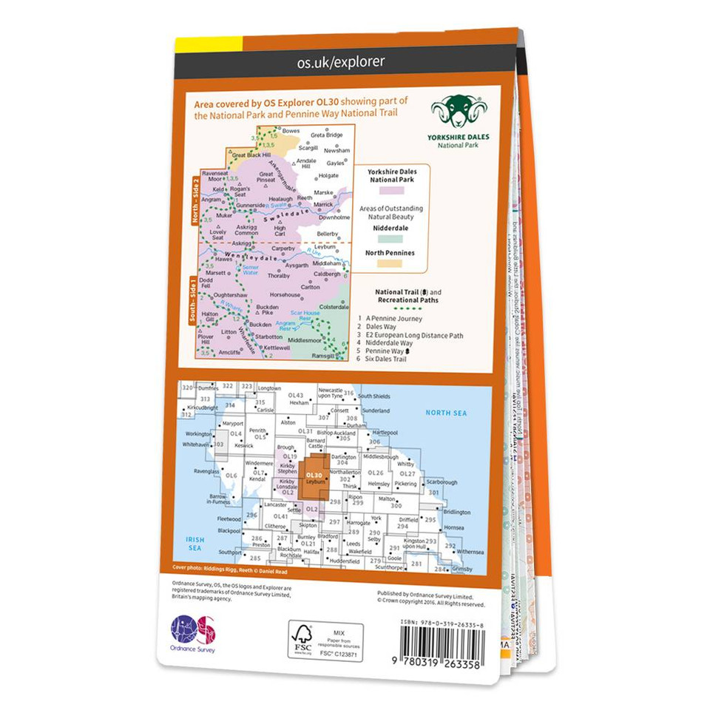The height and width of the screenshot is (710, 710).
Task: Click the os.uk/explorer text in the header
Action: click(x=341, y=62)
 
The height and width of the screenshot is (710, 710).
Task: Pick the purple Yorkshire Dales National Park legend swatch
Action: click(x=391, y=191)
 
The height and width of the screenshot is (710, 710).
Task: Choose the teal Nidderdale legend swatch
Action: click(x=391, y=239)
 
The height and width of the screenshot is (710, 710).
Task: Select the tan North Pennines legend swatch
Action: click(x=391, y=263)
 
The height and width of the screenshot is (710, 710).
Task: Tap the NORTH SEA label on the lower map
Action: click(x=443, y=411)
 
